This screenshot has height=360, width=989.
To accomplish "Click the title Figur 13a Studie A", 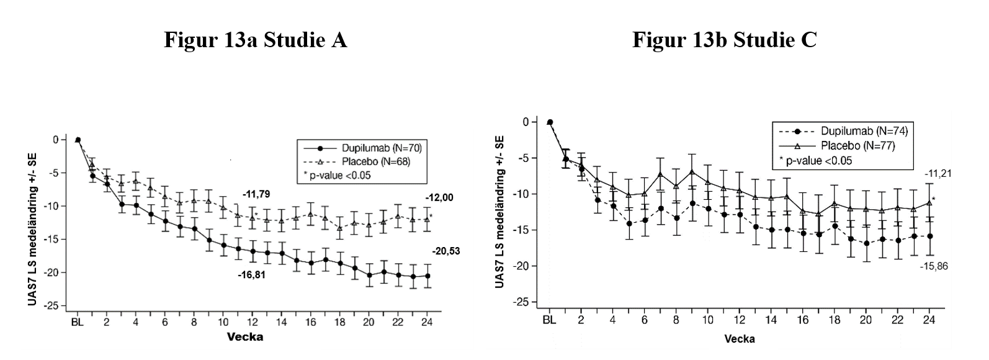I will click(255, 40).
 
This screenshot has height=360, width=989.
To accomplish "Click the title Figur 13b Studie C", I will click(724, 40).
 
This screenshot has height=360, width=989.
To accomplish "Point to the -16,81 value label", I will click(251, 274).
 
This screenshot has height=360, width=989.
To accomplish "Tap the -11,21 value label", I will click(938, 174).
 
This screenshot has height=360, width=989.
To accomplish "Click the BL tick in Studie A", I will click(78, 322).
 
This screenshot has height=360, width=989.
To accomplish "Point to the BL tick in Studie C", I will click(549, 320).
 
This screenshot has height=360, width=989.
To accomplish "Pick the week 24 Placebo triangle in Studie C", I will click(929, 202).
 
